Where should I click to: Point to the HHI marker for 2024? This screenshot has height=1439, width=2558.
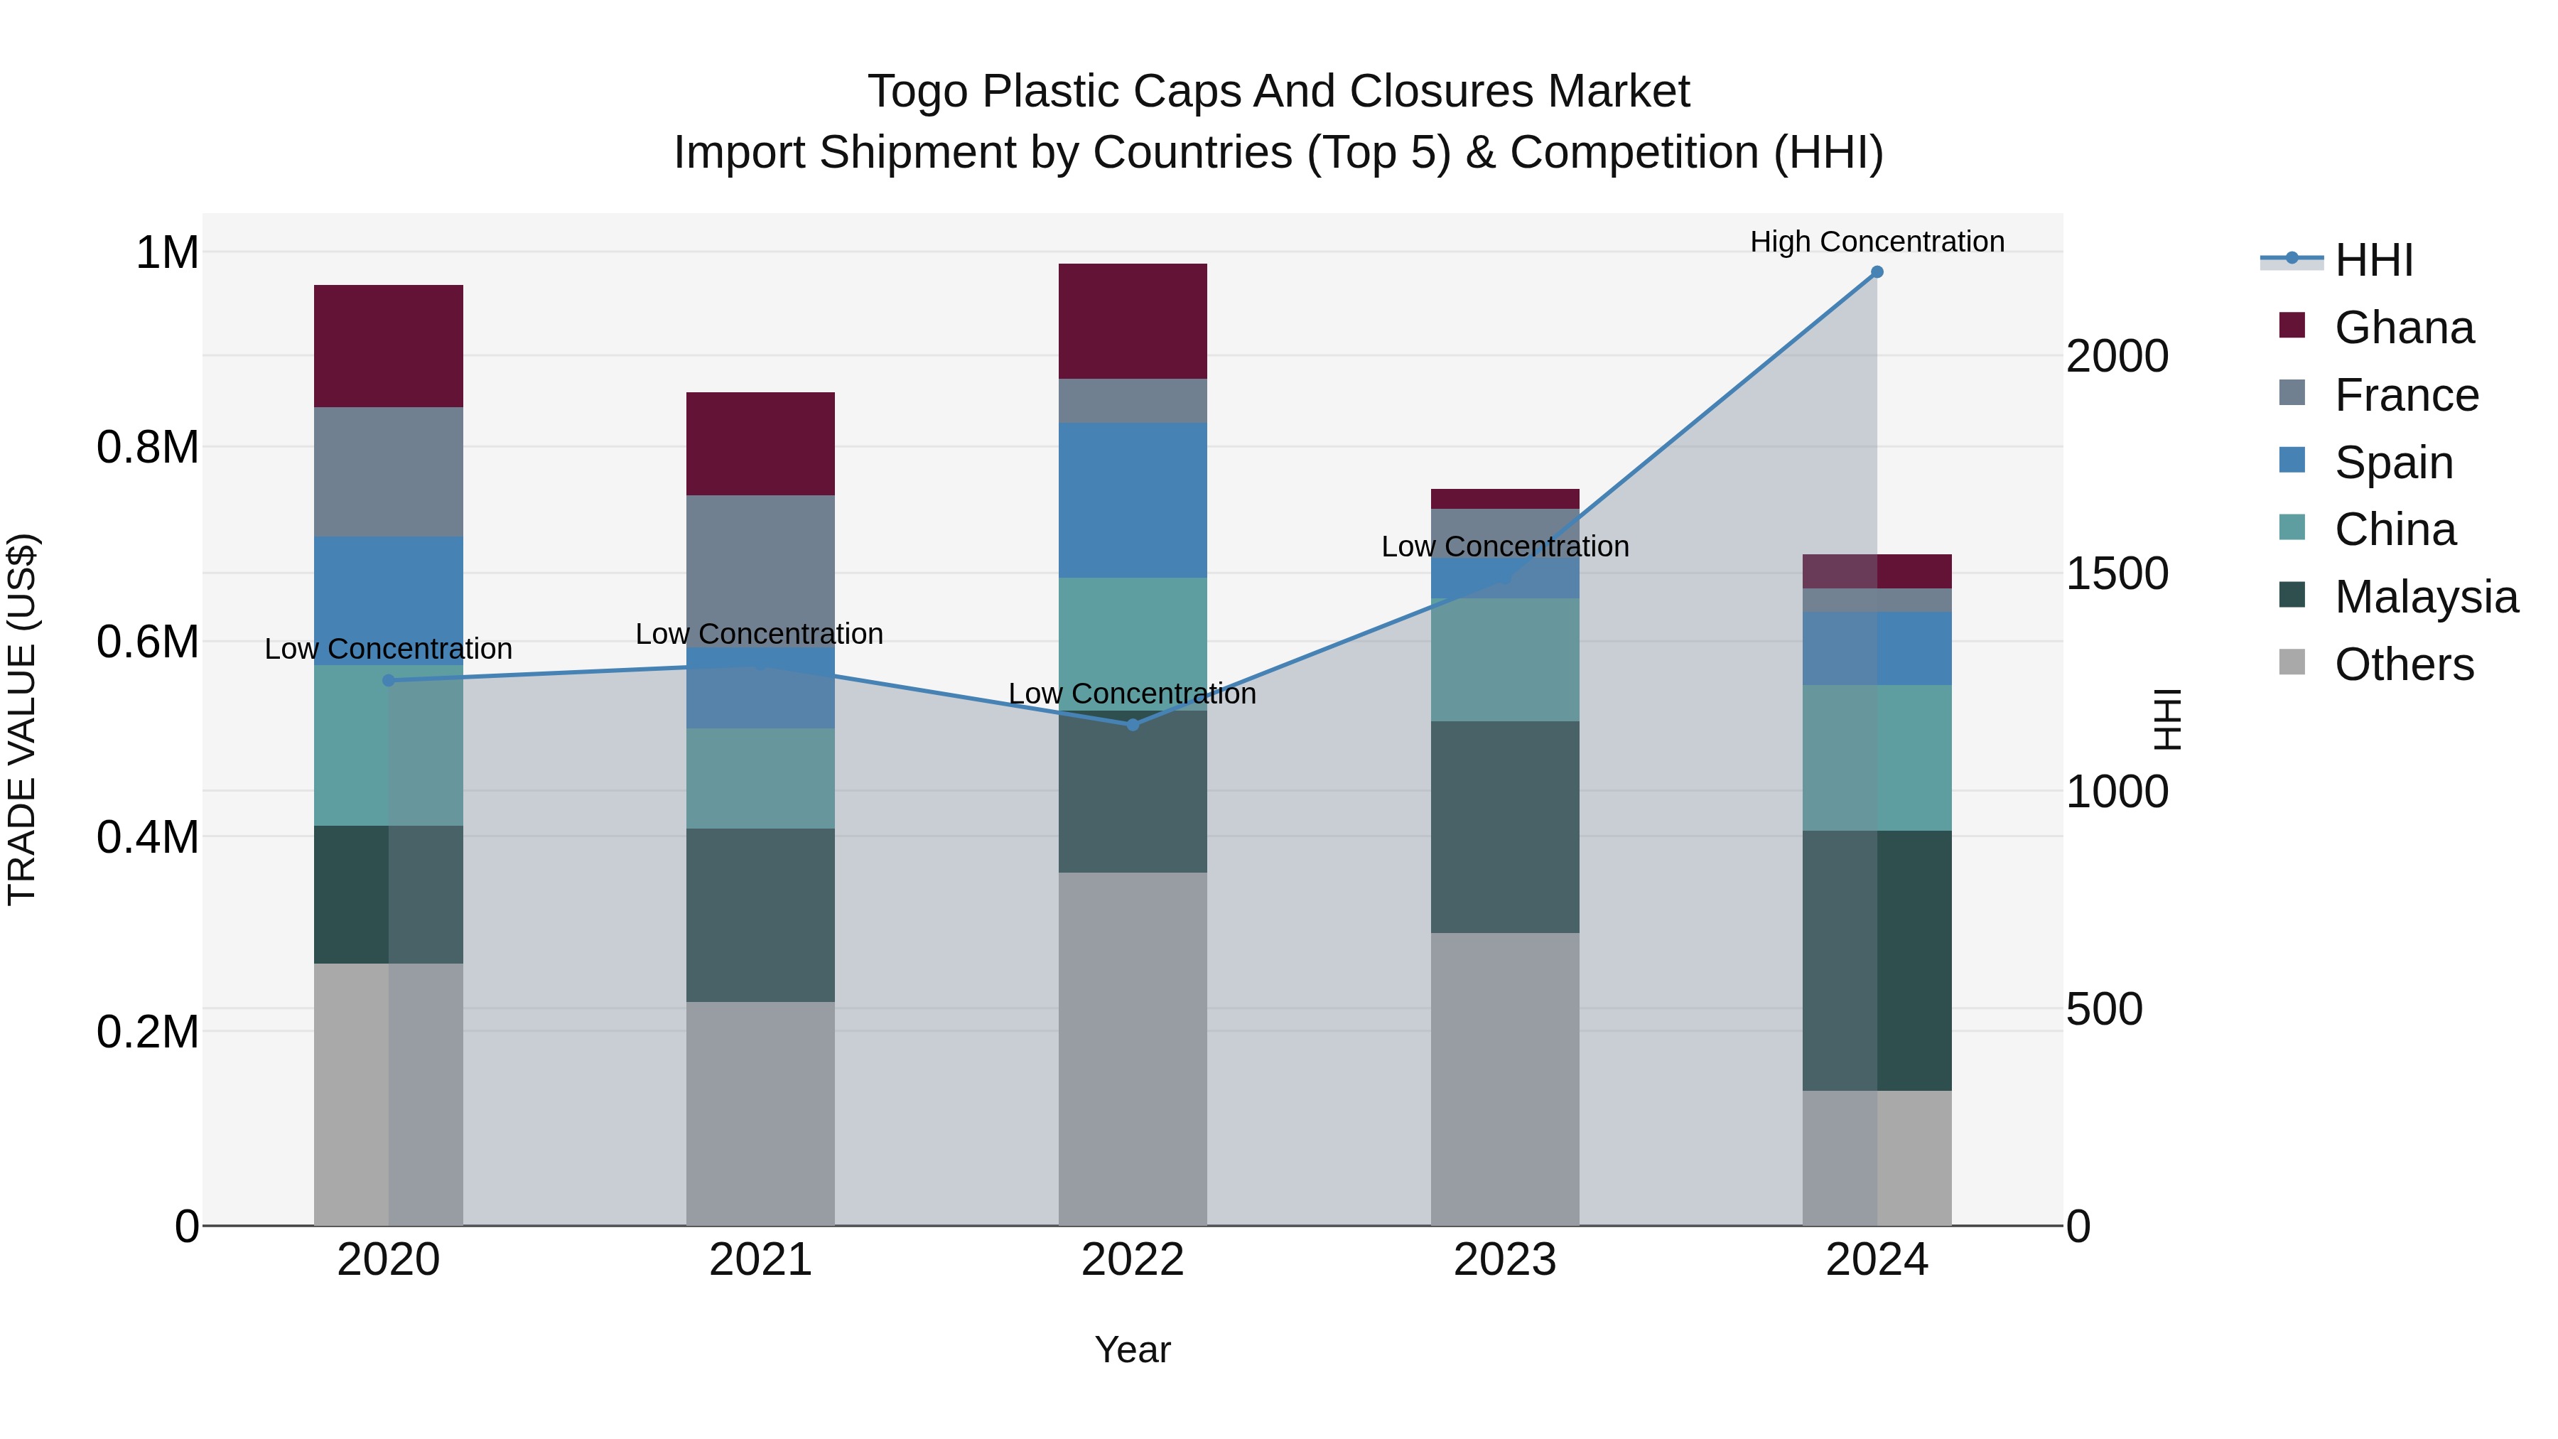(x=1877, y=272)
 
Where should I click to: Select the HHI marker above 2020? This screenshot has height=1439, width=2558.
(x=388, y=680)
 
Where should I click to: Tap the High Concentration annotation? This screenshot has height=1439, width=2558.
(x=1877, y=242)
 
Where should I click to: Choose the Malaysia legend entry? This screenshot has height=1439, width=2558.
(x=2426, y=597)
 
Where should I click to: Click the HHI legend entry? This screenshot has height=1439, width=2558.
(x=2373, y=260)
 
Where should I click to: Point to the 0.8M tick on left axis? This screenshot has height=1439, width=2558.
(x=148, y=448)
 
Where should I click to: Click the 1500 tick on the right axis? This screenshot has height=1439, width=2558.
(x=2117, y=574)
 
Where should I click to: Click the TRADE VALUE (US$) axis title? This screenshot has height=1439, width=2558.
(x=22, y=719)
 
